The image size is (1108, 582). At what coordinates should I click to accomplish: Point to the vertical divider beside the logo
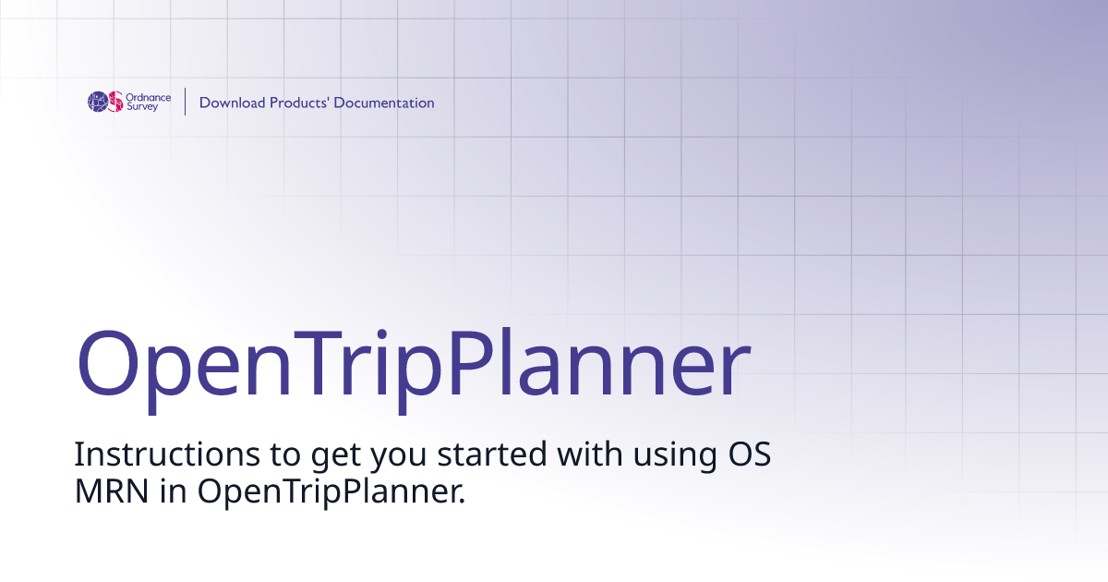[186, 102]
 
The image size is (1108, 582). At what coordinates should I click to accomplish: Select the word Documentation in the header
[384, 103]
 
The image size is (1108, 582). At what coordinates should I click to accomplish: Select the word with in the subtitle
[585, 455]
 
